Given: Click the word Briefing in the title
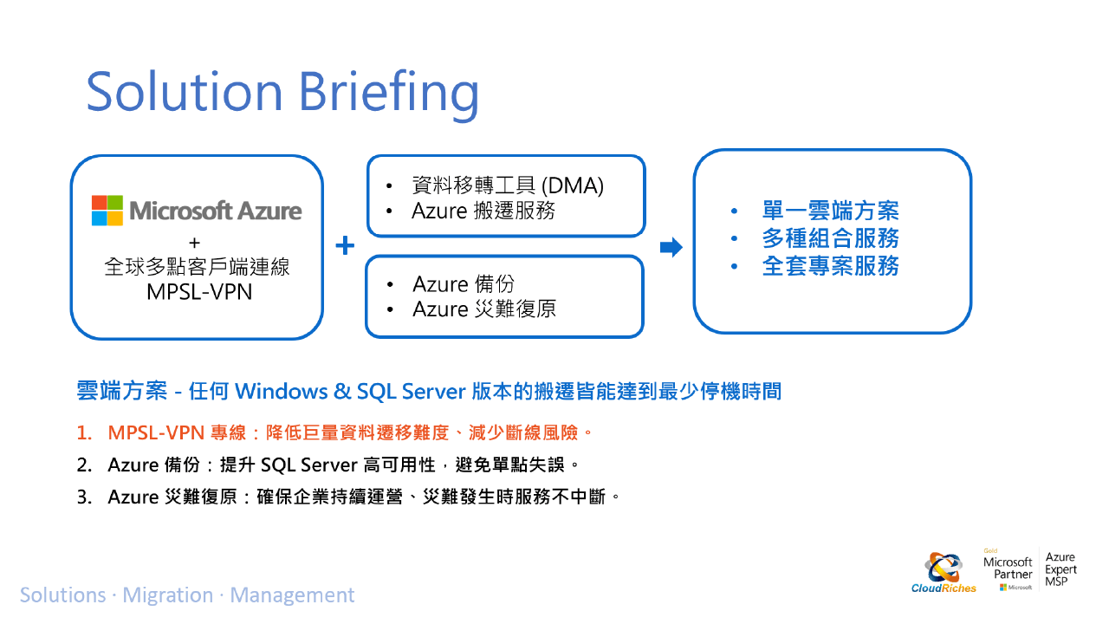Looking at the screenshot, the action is (x=389, y=94).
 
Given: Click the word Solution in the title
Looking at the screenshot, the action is (x=185, y=91).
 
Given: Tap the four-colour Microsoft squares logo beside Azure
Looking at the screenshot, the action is (x=107, y=211).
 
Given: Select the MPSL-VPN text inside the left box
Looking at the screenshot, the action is (x=199, y=292).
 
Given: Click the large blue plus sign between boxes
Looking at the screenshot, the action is (x=345, y=245).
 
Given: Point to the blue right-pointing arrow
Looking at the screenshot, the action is (x=671, y=247).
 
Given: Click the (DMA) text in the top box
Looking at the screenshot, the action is (x=573, y=185).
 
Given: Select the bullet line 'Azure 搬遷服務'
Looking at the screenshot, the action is (x=483, y=211).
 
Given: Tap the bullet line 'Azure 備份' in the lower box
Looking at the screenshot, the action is (x=464, y=284).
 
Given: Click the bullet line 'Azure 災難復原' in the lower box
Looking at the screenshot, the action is (x=484, y=309).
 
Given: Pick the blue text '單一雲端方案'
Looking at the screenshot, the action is (x=830, y=211).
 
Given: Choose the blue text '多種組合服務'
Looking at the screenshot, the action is (x=830, y=238).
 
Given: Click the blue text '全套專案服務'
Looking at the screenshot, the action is (x=830, y=266).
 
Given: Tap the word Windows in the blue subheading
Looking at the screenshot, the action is (x=281, y=391).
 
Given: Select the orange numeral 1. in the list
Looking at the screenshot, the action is (x=84, y=433).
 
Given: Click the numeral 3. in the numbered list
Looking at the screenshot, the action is (x=85, y=497).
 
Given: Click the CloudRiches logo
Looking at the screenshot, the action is (x=944, y=573).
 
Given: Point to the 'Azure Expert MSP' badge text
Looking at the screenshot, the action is (x=1060, y=569).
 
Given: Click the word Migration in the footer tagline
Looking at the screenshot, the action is (x=168, y=595).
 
